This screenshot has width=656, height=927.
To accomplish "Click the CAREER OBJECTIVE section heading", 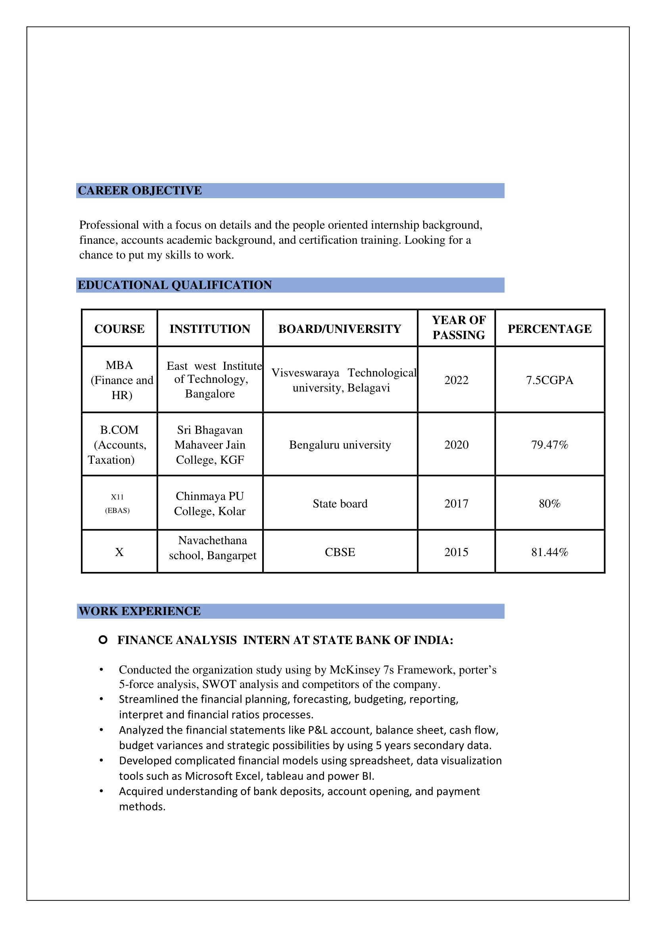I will point(140,191).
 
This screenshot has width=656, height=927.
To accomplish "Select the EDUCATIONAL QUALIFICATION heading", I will point(175,285).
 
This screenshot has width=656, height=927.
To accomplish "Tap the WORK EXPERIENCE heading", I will point(139,611).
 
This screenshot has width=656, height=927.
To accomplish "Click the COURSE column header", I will point(119,329).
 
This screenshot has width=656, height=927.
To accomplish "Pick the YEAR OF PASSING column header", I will point(458,327).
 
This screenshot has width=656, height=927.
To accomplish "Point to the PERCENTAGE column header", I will point(549,329).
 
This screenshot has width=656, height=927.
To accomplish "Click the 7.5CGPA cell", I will point(549,380).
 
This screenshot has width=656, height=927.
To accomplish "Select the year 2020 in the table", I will point(457,445).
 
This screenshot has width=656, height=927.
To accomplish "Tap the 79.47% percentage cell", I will point(549,445).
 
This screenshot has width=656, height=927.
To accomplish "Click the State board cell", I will point(340,504).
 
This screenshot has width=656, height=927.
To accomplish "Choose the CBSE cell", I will point(340,552).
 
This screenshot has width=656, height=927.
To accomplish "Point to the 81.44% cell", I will point(549,552).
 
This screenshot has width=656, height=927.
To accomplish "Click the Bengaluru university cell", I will point(340,445).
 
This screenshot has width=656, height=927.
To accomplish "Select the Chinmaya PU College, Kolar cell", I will point(210,503).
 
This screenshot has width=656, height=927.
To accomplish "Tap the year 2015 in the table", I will point(457,552).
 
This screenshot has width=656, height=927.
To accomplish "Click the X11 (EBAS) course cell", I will point(117,503).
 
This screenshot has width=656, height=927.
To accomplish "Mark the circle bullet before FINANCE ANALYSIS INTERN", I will point(103,640).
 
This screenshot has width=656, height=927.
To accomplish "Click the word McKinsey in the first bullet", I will point(355,670).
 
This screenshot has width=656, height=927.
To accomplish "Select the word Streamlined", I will point(148,699).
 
